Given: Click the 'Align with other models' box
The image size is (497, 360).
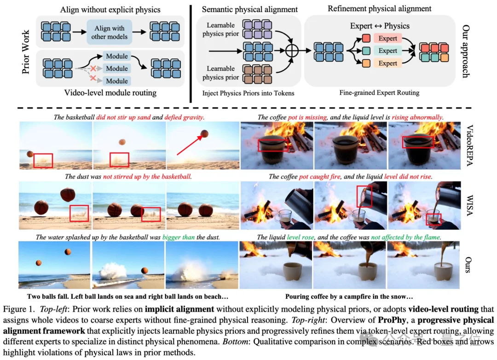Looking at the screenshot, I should point(110,32).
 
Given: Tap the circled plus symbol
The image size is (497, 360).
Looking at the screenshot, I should point(290,51).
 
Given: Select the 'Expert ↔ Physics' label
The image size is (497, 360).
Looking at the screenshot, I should point(380,26).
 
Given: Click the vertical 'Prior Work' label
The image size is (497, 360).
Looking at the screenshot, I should point(26,51).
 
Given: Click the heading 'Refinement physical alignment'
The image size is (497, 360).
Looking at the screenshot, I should point(379,8).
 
